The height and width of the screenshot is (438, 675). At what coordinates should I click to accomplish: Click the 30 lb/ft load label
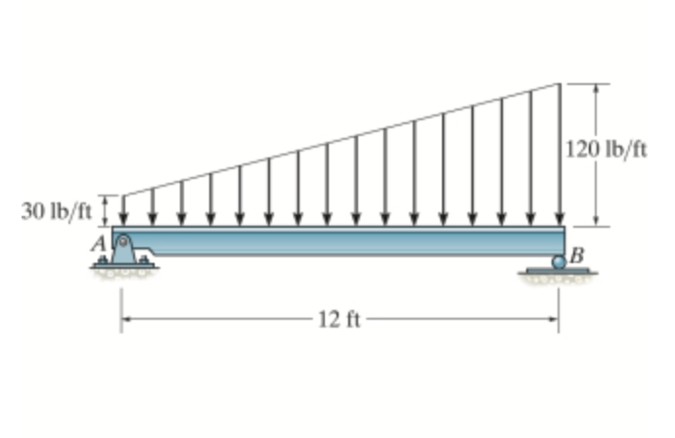coord(57,211)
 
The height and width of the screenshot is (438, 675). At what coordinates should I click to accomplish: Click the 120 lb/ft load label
coord(606,150)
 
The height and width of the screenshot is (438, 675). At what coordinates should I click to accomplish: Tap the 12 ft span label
coord(339,320)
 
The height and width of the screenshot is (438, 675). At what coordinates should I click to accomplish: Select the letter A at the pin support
coord(99,244)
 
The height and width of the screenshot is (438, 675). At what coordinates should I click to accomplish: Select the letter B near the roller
coord(577,255)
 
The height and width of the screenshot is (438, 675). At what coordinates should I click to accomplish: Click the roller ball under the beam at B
coord(559,262)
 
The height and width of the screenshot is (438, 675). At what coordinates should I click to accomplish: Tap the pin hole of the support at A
coord(123,241)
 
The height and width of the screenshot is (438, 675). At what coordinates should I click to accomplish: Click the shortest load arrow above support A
coord(123,211)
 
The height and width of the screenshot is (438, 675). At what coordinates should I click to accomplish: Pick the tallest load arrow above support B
coord(560,154)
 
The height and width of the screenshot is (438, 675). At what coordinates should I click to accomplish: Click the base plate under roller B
coord(558,271)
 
